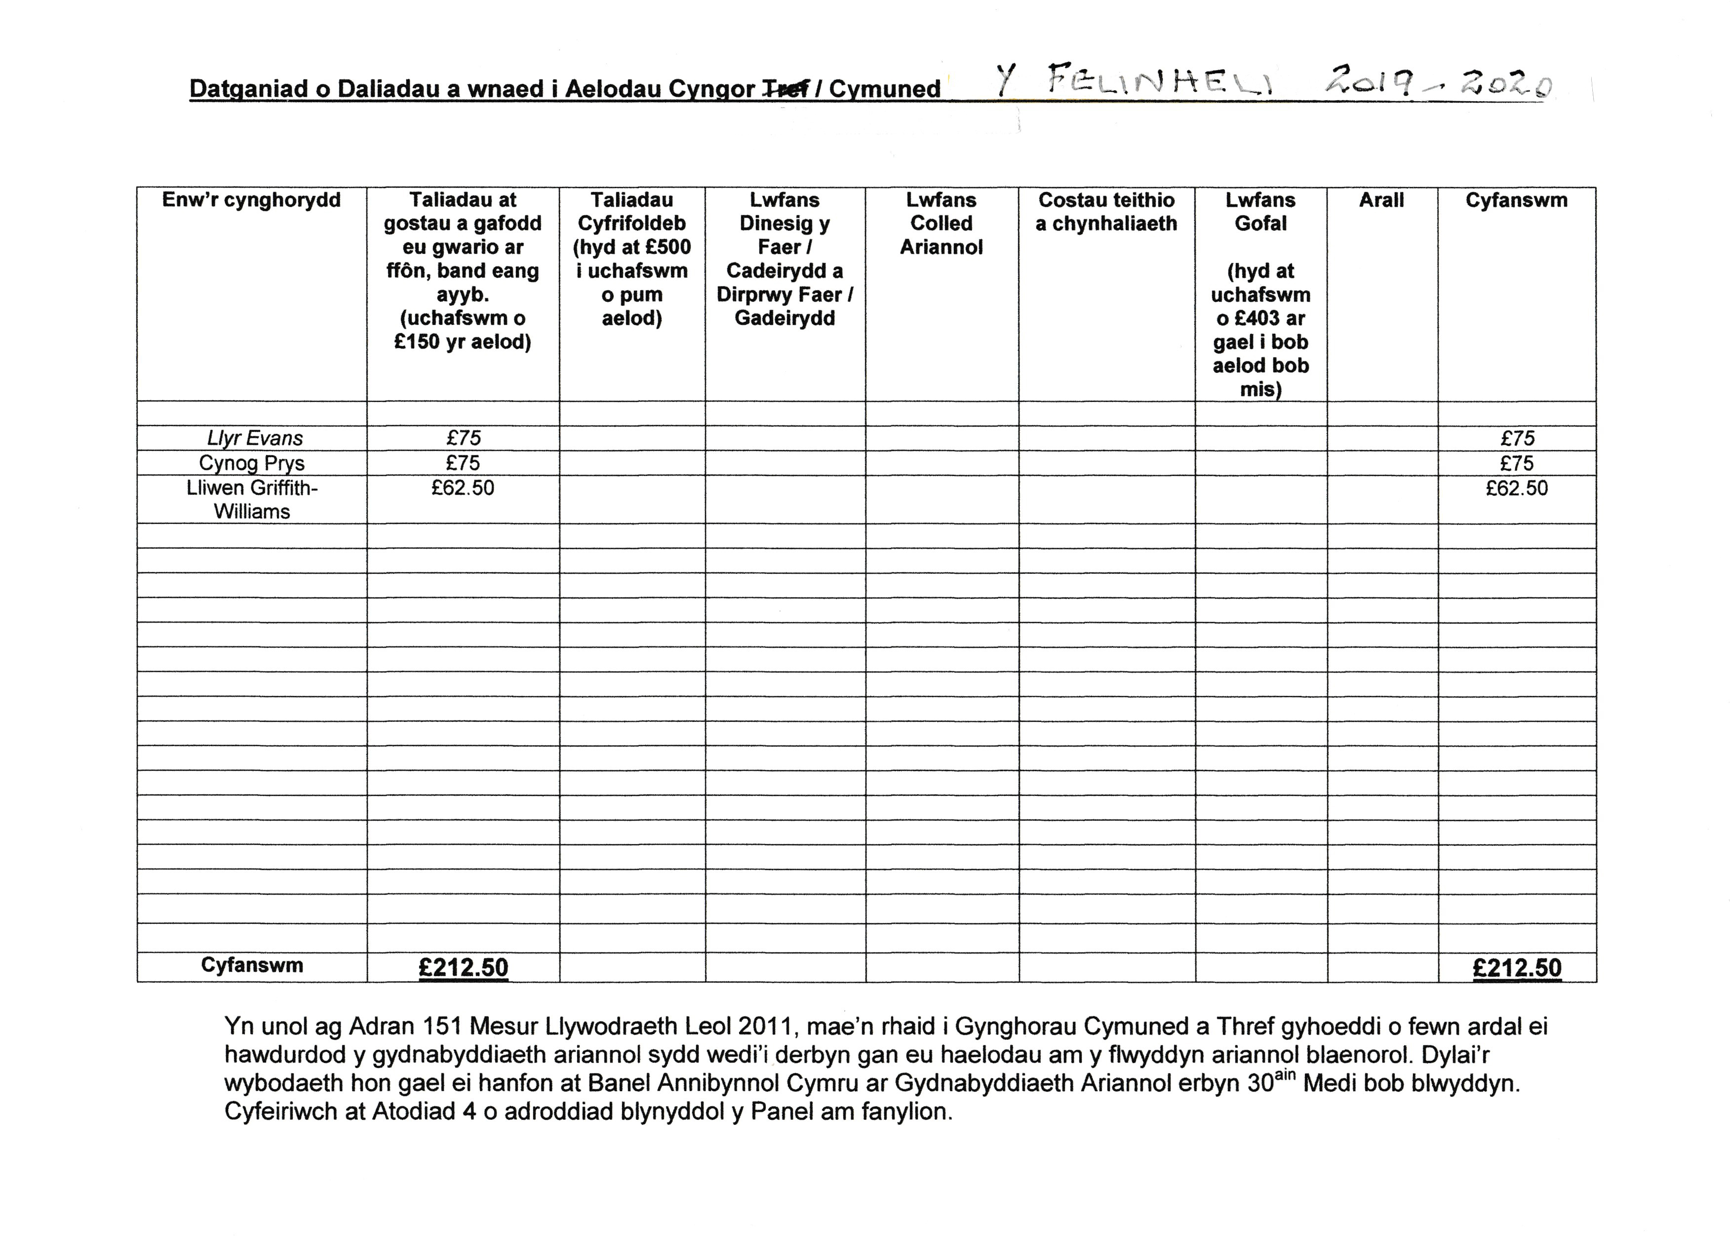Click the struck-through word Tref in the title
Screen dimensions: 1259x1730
click(785, 90)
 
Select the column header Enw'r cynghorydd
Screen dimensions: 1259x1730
click(252, 200)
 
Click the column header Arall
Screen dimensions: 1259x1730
click(1381, 200)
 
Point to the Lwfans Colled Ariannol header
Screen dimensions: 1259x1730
click(941, 224)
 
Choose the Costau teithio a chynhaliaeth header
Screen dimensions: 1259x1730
click(1106, 212)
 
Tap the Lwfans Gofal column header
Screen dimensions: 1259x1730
click(1260, 212)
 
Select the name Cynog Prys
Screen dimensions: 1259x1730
click(252, 463)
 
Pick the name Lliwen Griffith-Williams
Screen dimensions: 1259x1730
click(252, 500)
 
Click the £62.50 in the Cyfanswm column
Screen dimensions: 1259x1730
click(1516, 488)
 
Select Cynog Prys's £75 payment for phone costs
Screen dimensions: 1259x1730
click(463, 463)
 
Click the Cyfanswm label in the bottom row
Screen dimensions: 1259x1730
click(252, 965)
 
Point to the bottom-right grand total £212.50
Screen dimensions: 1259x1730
click(1516, 968)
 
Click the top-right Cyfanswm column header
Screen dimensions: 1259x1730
click(1516, 200)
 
